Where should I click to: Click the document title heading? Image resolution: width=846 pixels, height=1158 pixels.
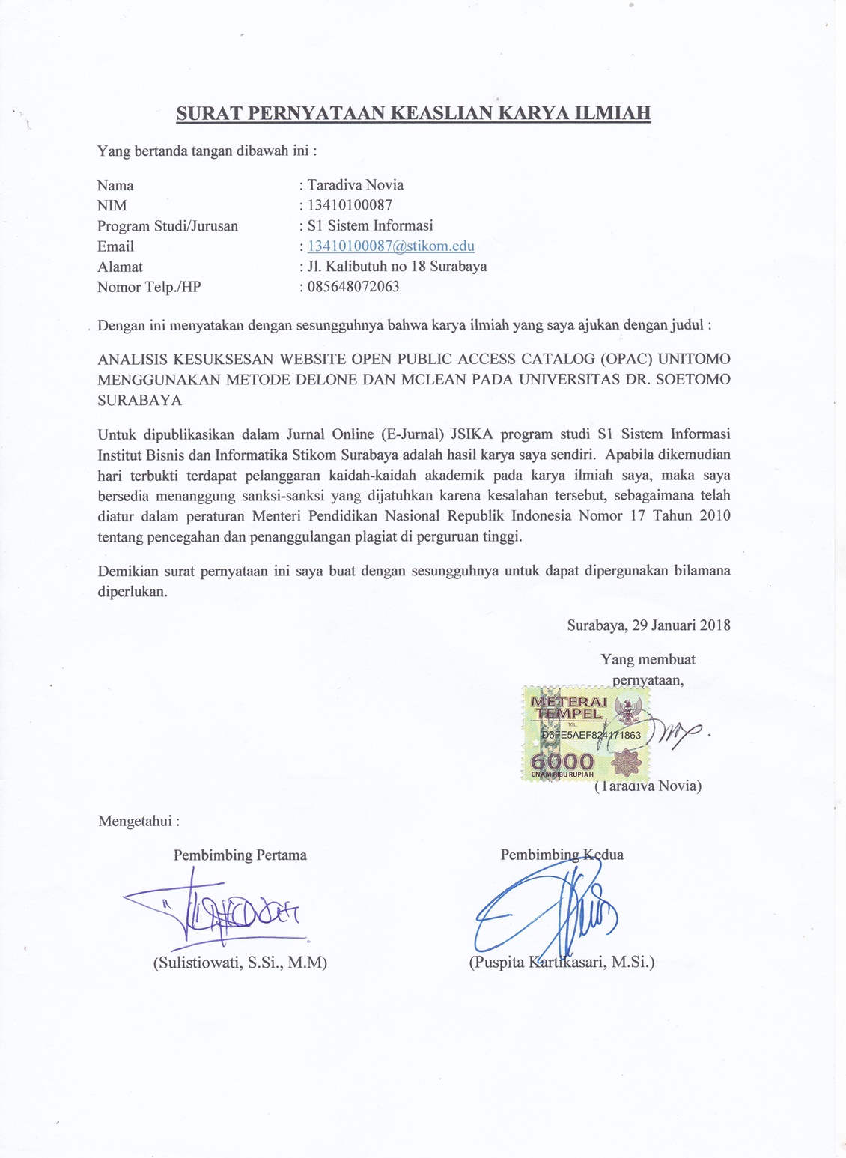(413, 113)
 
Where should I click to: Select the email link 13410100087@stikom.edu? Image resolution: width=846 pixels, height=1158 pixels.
(391, 246)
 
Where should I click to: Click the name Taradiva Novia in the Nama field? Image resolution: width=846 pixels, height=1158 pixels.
(356, 185)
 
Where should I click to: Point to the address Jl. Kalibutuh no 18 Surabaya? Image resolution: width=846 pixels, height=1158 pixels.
(397, 267)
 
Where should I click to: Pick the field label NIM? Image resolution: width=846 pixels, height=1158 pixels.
(112, 205)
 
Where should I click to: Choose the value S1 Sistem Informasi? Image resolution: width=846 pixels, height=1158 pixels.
(370, 225)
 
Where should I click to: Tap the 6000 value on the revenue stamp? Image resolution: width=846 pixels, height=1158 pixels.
(562, 761)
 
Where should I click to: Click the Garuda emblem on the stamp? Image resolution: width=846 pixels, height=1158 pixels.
(624, 708)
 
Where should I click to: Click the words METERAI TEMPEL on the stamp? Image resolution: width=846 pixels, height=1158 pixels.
(568, 707)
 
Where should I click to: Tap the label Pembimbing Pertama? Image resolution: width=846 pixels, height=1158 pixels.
(240, 855)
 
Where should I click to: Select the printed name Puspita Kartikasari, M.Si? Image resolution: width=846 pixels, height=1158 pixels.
(562, 963)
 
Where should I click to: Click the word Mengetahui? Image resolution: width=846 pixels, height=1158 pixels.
(139, 821)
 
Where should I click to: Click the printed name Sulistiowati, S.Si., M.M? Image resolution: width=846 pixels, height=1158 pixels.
(240, 963)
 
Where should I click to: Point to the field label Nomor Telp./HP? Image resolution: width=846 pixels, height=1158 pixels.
(149, 287)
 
